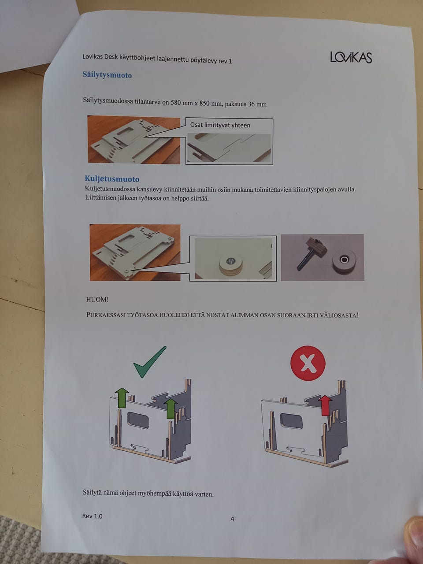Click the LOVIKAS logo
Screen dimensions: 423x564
point(351,57)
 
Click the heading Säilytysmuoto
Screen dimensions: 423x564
point(107,75)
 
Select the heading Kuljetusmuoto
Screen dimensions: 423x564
point(112,178)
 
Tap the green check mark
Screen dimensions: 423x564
point(150,362)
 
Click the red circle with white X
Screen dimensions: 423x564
point(308,363)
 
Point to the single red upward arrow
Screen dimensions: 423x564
point(325,405)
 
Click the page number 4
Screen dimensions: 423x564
point(232,519)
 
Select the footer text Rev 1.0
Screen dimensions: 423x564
point(92,516)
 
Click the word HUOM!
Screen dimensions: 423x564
point(97,299)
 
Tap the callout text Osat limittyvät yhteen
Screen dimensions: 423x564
point(220,125)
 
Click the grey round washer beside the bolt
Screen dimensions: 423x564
point(344,260)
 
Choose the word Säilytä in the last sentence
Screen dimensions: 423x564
point(92,492)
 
